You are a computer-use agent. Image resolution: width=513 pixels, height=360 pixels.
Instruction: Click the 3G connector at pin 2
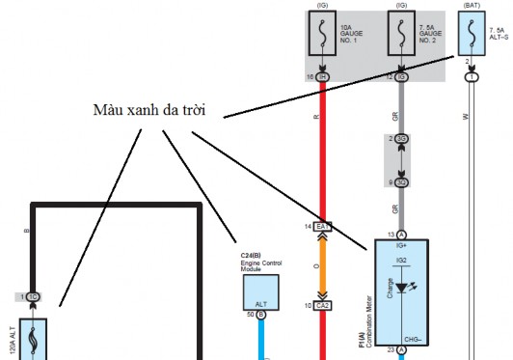(400, 139)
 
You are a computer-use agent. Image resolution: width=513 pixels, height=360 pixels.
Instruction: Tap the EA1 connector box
(322, 226)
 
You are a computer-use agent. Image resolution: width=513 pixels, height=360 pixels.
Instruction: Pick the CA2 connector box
(322, 305)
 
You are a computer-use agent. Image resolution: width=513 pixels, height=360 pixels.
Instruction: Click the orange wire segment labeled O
(323, 265)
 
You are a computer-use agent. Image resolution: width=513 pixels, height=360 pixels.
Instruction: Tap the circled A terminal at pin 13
(400, 235)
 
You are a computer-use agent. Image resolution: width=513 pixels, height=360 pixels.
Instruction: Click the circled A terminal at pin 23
(400, 349)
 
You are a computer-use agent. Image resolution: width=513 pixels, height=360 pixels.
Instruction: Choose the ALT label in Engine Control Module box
(260, 302)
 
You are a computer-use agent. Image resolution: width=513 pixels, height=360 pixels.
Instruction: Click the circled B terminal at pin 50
(260, 315)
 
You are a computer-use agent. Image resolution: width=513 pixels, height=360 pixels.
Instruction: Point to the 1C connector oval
(33, 296)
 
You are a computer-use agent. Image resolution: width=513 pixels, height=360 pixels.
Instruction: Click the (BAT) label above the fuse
(472, 7)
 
